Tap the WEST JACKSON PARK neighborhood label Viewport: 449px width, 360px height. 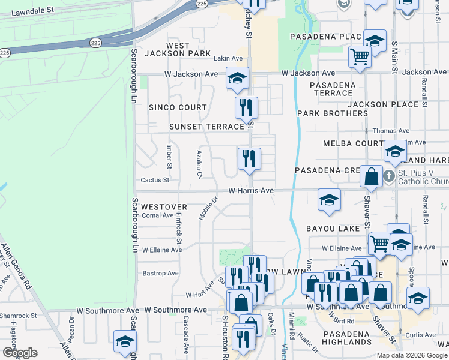(178, 49)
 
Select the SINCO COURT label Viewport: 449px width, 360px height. (178, 107)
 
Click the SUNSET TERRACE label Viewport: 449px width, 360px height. (207, 127)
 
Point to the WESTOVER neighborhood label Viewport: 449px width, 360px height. (164, 206)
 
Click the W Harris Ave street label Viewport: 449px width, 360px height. (251, 190)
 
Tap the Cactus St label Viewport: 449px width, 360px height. (155, 179)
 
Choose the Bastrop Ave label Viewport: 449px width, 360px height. (161, 273)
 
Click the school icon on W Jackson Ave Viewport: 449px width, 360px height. (237, 77)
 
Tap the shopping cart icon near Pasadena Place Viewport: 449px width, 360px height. (360, 57)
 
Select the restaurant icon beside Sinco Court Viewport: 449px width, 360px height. (246, 107)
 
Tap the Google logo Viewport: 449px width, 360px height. (19, 353)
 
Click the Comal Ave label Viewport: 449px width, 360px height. (157, 215)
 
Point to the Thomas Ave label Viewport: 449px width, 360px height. (391, 130)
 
